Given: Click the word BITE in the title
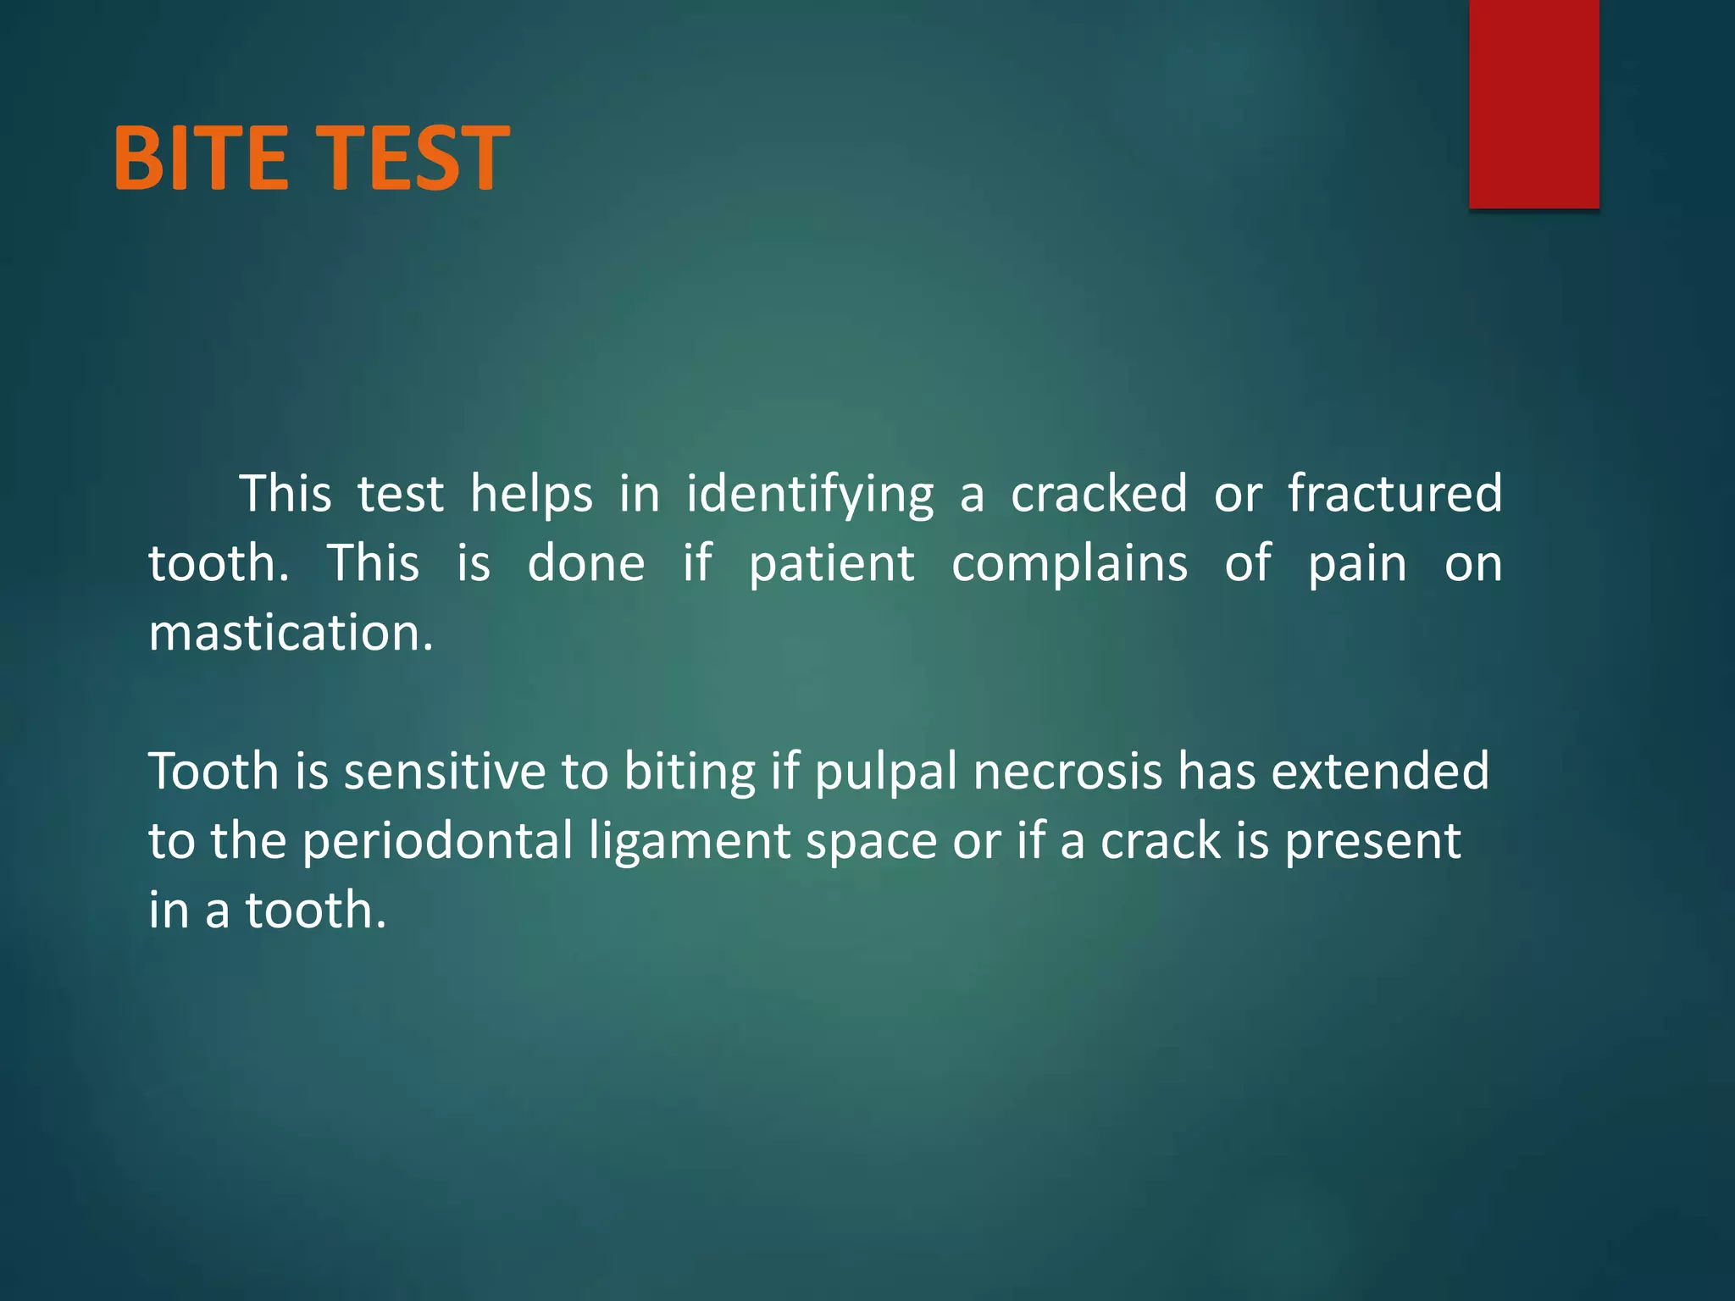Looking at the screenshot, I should [x=200, y=158].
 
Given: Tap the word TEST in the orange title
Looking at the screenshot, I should [x=417, y=158].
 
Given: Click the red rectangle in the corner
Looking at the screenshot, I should [x=1533, y=103].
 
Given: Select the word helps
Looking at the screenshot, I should [x=531, y=494].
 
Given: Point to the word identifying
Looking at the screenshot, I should [x=809, y=495].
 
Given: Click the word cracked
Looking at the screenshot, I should [x=1099, y=494].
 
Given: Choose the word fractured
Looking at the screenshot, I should [x=1394, y=494].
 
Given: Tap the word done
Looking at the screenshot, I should [x=586, y=563].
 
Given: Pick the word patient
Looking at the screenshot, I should [x=831, y=565].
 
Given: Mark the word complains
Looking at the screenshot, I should [x=1069, y=565].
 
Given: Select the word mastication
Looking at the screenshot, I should [x=291, y=633].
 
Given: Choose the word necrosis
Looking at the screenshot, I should [x=1067, y=772].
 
